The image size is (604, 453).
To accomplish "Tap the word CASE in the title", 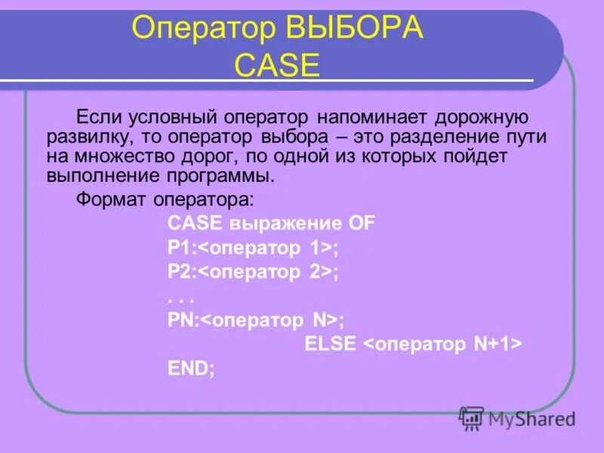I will (277, 66).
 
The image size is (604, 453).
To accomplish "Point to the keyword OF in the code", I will (361, 223).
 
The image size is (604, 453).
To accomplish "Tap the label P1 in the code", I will (180, 248).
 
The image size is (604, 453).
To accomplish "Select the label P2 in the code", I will (180, 272).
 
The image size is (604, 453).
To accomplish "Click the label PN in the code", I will (181, 320).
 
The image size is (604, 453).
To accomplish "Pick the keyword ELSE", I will (331, 344).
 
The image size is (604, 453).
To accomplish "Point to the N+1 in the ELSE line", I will (494, 344).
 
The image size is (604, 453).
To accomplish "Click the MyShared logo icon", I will (472, 417).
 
